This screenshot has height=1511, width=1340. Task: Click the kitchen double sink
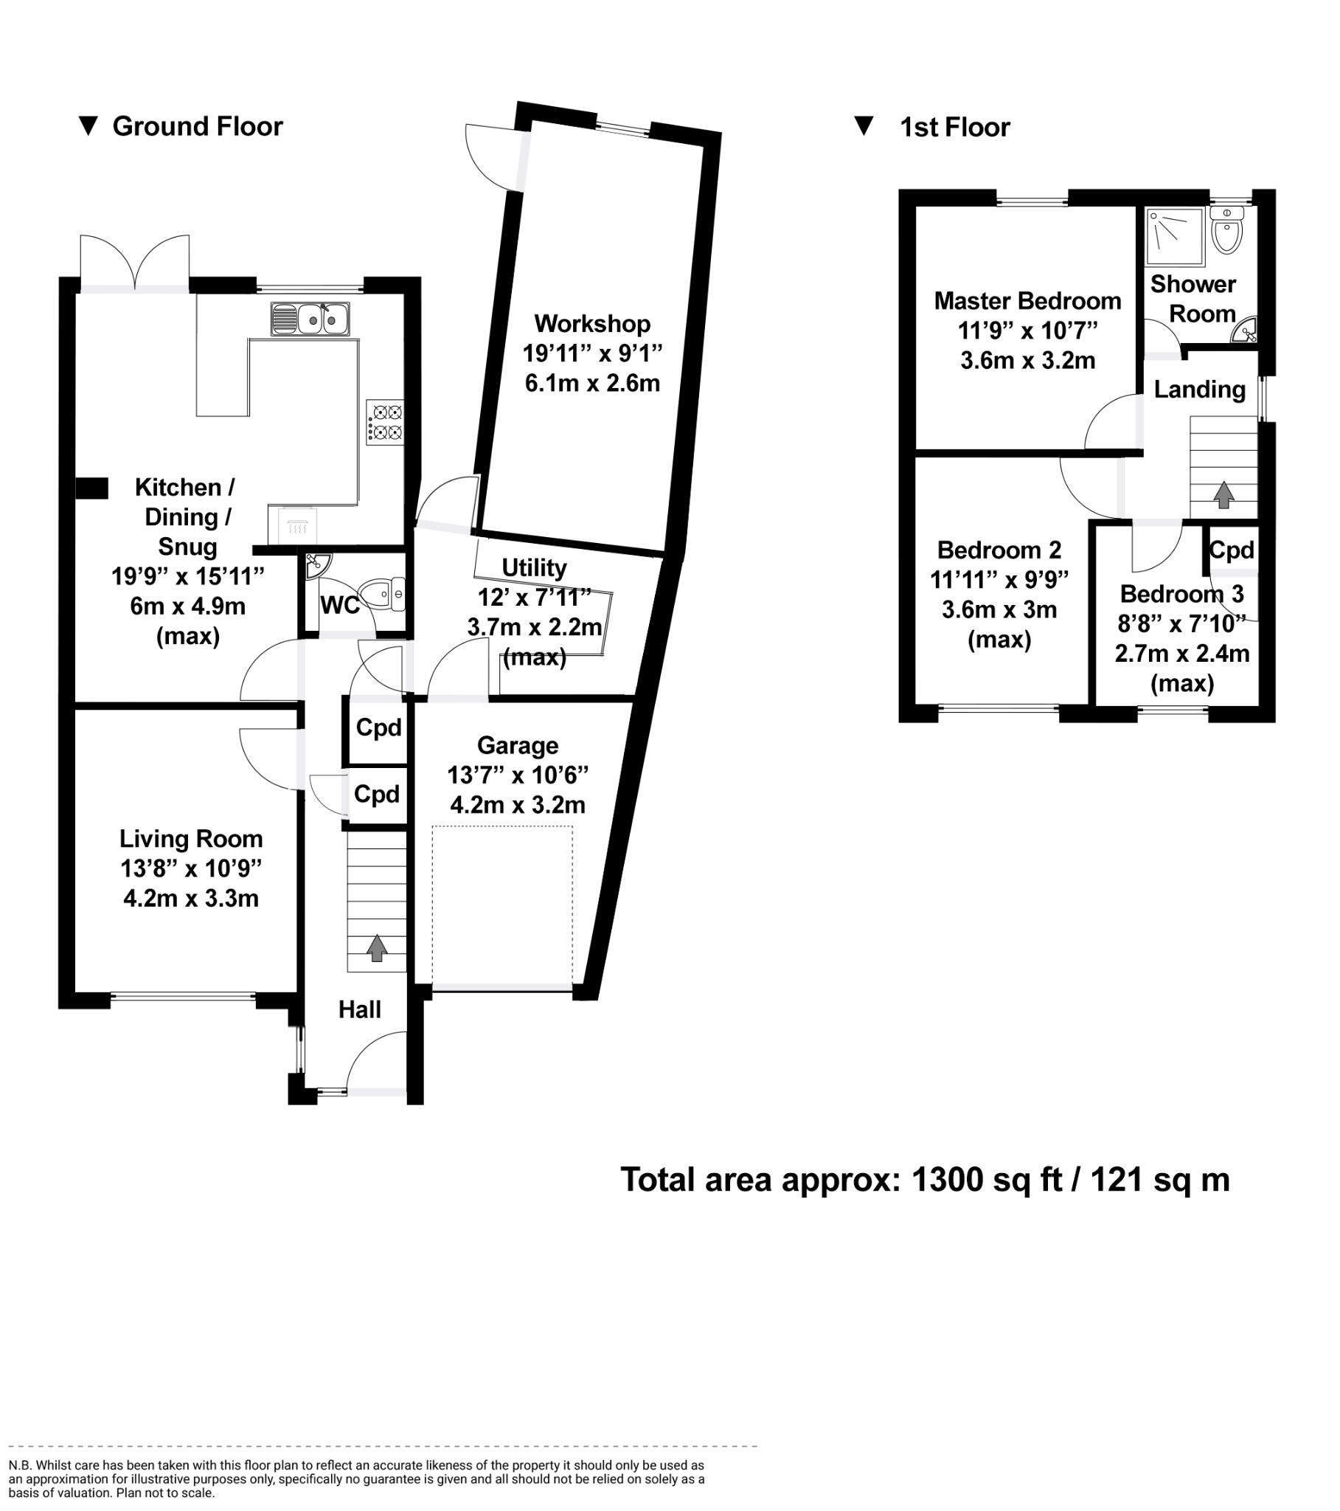[310, 319]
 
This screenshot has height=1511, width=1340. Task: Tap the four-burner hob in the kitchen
[384, 422]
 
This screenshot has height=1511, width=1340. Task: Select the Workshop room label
[592, 324]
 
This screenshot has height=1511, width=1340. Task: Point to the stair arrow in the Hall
[376, 948]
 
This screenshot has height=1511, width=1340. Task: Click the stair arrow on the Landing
[1223, 494]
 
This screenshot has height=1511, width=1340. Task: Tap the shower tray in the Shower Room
[1174, 236]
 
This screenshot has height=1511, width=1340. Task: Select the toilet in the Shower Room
[1227, 231]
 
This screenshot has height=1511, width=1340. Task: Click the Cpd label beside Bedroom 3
[1232, 550]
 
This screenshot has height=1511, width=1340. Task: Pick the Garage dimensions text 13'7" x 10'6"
[518, 775]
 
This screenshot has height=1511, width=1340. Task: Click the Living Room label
[191, 839]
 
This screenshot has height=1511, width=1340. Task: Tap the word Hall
[359, 1010]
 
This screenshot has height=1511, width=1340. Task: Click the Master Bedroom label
[1027, 301]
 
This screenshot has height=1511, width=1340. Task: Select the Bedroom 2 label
[999, 550]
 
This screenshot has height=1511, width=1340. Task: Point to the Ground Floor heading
[198, 126]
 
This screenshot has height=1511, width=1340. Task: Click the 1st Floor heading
[954, 127]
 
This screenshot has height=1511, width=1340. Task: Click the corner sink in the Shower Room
[1246, 332]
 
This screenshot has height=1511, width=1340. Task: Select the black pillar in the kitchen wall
[92, 488]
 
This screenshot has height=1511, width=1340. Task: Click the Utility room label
[534, 568]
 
